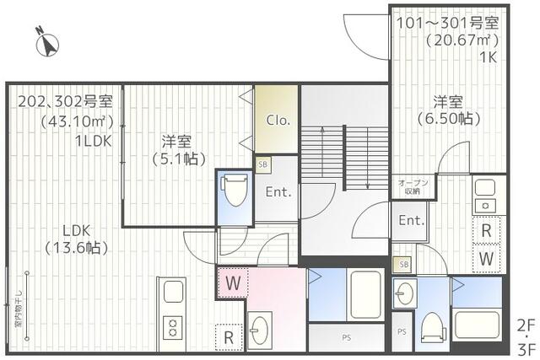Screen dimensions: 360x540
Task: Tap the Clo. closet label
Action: pyautogui.click(x=278, y=120)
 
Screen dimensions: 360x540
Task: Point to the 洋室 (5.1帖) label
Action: pyautogui.click(x=179, y=149)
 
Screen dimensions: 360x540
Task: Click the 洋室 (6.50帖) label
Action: pyautogui.click(x=447, y=110)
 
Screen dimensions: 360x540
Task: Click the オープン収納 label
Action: pyautogui.click(x=413, y=186)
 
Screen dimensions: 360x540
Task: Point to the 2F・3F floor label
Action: pyautogui.click(x=525, y=335)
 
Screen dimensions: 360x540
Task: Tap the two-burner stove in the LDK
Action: pyautogui.click(x=172, y=326)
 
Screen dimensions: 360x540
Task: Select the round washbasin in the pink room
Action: pyautogui.click(x=258, y=326)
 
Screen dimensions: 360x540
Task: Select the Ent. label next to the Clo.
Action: pyautogui.click(x=278, y=192)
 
